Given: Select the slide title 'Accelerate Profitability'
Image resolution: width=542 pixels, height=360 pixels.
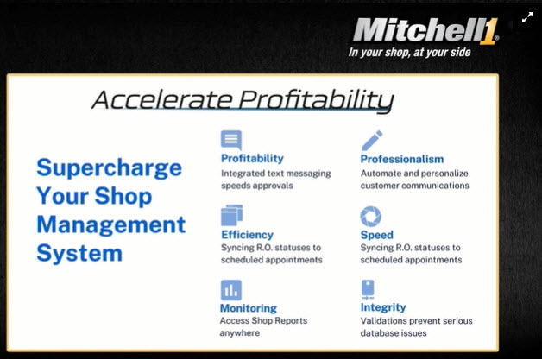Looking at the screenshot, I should click(x=243, y=100).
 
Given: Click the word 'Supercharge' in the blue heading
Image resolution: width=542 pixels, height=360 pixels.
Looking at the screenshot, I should click(x=109, y=167).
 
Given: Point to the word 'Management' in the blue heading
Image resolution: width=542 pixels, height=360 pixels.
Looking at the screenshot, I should click(x=110, y=224).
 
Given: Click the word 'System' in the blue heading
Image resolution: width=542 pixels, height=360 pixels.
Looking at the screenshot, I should click(x=79, y=254).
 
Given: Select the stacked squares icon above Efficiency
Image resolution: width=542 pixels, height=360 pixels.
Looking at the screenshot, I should click(x=231, y=215).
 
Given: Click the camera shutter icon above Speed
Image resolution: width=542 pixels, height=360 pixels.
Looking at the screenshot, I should click(x=371, y=216).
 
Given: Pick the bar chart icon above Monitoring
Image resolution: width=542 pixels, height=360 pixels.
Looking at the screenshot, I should click(x=230, y=289).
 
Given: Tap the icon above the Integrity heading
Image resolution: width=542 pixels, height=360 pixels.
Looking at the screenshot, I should click(x=369, y=289).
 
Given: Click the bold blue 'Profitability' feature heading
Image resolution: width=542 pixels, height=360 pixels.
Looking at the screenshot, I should click(x=252, y=159).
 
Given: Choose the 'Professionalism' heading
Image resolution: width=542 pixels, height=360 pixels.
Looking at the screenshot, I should click(x=402, y=159).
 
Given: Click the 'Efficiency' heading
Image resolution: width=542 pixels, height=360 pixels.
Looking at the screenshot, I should click(x=247, y=234).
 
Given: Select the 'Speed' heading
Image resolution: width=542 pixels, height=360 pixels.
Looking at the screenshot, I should click(x=378, y=234).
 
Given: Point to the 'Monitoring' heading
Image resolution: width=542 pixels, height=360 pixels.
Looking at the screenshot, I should click(x=249, y=307).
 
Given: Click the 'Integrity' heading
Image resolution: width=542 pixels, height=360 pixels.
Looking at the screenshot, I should click(x=383, y=307).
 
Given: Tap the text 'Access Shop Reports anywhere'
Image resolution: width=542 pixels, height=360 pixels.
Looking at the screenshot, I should click(x=264, y=326).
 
